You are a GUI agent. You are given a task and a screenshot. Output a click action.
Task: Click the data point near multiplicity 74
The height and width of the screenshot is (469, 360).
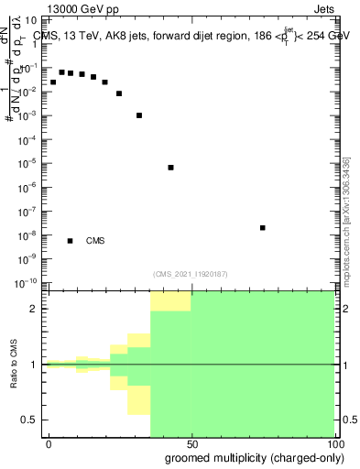pyautogui.click(x=263, y=227)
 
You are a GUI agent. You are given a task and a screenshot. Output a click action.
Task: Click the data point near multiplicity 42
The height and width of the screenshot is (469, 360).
pyautogui.click(x=171, y=168)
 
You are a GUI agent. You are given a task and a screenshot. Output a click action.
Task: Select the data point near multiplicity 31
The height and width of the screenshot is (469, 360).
pyautogui.click(x=139, y=115)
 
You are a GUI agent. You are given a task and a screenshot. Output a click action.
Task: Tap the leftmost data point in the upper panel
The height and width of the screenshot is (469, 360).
pyautogui.click(x=53, y=82)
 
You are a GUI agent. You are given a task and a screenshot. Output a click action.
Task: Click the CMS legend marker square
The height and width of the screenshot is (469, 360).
pyautogui.click(x=71, y=241)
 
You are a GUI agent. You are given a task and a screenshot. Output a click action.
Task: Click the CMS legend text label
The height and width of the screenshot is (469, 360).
pyautogui.click(x=95, y=241)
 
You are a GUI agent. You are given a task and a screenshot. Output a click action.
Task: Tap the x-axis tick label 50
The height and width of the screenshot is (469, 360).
pyautogui.click(x=191, y=443)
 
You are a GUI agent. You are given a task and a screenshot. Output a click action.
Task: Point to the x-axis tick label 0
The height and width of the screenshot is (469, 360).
pyautogui.click(x=49, y=443)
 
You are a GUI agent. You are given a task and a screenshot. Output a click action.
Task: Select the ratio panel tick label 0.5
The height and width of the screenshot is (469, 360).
pyautogui.click(x=29, y=420)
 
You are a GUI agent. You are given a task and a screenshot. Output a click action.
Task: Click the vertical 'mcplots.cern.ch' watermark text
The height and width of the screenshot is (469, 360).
pyautogui.click(x=346, y=220)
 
